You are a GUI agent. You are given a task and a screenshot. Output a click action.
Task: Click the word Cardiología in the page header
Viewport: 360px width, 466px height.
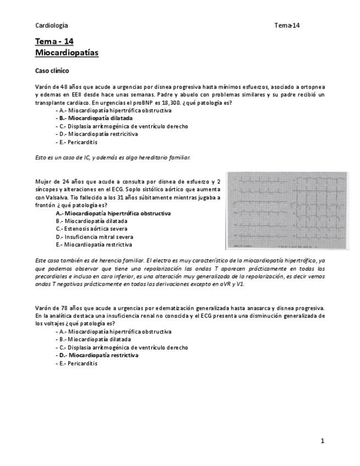(52, 25)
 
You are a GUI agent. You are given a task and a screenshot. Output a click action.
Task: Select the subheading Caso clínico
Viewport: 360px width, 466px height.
(52, 71)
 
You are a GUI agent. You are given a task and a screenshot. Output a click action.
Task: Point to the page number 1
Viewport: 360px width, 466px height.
(323, 441)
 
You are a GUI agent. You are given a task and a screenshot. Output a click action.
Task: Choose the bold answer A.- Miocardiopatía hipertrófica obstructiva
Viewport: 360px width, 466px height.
(113, 213)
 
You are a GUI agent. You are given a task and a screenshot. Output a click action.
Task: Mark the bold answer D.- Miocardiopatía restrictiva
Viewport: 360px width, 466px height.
(97, 356)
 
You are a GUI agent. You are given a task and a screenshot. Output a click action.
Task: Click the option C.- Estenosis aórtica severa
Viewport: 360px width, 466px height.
(92, 229)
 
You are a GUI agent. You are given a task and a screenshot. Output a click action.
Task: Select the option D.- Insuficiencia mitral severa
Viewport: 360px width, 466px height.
(95, 236)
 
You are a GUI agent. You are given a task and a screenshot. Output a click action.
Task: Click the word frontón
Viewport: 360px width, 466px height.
(45, 205)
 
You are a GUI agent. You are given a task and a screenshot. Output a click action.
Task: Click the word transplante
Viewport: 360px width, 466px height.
(51, 103)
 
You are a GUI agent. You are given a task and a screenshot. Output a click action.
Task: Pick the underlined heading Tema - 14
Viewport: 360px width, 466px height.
(54, 42)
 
